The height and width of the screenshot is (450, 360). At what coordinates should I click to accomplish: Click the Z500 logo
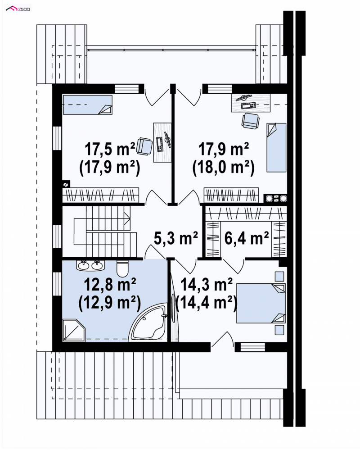point(18,9)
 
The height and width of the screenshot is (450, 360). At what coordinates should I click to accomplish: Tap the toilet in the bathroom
point(122,268)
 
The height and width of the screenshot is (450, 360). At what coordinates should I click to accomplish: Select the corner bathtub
point(148,323)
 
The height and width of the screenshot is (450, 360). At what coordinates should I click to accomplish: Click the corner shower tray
point(74,330)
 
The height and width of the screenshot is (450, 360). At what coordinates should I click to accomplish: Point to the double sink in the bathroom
point(90,265)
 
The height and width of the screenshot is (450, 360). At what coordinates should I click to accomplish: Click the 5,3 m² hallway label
point(175,238)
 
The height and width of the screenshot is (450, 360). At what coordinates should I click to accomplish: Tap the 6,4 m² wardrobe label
point(247,238)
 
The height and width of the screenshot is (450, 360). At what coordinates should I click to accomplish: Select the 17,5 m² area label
point(110,149)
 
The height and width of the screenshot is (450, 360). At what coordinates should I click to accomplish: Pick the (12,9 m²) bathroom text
point(109,303)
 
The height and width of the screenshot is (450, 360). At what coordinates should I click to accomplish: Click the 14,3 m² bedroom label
point(207,285)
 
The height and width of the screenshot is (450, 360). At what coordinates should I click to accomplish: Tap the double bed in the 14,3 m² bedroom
point(261,303)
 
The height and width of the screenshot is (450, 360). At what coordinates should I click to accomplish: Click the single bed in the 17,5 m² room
point(87,105)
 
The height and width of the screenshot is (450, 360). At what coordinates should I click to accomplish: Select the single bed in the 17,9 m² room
point(277,147)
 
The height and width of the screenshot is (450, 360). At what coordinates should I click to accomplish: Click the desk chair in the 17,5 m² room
point(144,146)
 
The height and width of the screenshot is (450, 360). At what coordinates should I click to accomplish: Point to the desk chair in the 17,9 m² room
point(250,121)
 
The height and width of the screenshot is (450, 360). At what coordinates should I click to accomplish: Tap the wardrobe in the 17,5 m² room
point(101,195)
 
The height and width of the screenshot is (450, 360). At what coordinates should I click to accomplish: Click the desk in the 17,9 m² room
point(251,103)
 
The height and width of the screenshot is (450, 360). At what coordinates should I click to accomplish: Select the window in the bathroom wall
point(57,284)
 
